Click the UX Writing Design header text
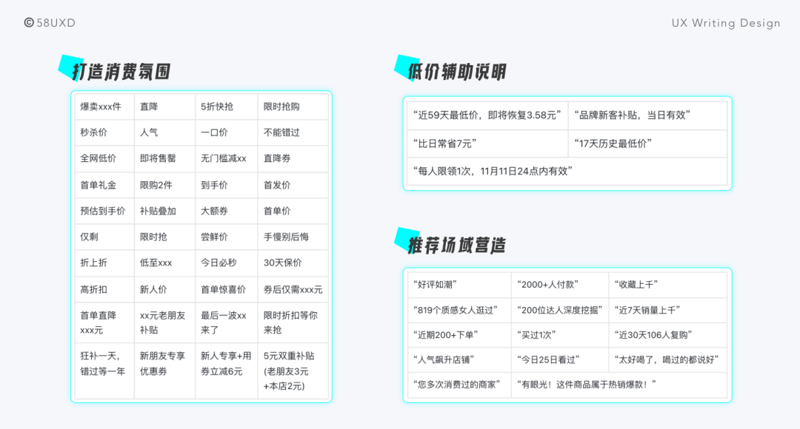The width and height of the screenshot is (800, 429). coord(726,23)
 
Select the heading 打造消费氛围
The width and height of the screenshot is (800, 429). coord(121,72)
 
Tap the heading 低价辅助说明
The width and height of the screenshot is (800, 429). coord(457,72)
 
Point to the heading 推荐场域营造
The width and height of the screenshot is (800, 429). coord(457,245)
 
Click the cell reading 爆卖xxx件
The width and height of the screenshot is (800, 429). coord(101,107)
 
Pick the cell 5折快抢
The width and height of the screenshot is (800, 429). coord(217,107)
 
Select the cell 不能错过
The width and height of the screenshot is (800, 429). coord(281,132)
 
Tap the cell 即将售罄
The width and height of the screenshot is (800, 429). coord(158,158)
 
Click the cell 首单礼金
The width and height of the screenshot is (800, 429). coord(99,185)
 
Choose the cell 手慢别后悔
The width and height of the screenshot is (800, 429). coord(286,237)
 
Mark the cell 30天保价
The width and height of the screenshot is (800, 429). coord(283,263)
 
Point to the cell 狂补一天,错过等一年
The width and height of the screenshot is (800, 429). coord(103,363)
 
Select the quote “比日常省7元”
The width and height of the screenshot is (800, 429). coord(444,143)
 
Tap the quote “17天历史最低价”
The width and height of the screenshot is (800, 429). coord(613,143)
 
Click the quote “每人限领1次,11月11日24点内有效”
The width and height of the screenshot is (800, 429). coord(492,171)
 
